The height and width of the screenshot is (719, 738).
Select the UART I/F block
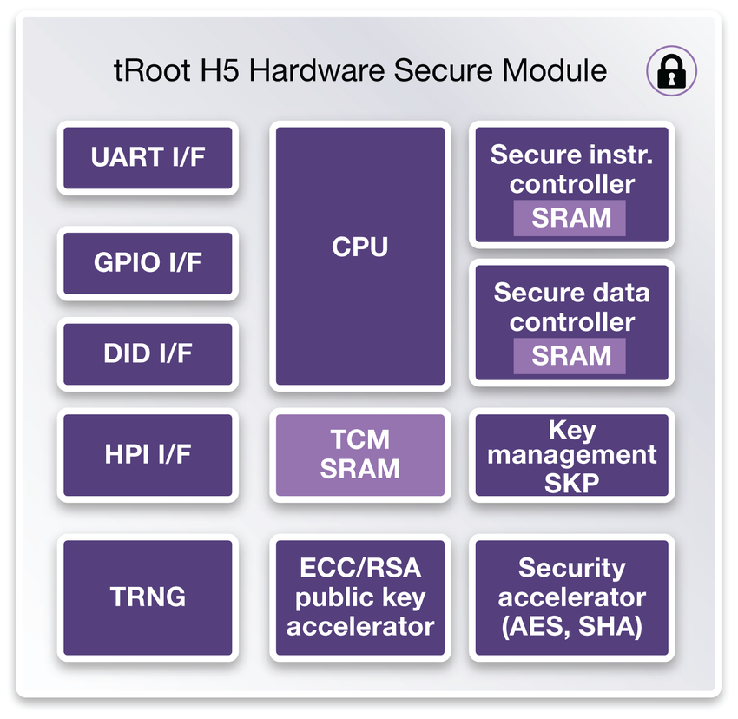148,158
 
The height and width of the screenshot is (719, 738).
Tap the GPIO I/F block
148,263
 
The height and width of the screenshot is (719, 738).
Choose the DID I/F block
148,353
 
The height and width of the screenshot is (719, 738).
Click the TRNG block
148,597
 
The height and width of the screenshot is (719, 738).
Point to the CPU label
359,247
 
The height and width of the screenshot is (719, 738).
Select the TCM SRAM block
359,455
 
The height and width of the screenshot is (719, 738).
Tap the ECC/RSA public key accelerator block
359,597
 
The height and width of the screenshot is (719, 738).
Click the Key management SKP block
571,455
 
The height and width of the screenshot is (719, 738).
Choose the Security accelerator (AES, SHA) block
571,597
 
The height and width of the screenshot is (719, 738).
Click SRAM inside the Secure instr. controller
570,217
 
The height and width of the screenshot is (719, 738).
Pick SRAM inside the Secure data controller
570,355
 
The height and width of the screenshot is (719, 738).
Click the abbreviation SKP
571,481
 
